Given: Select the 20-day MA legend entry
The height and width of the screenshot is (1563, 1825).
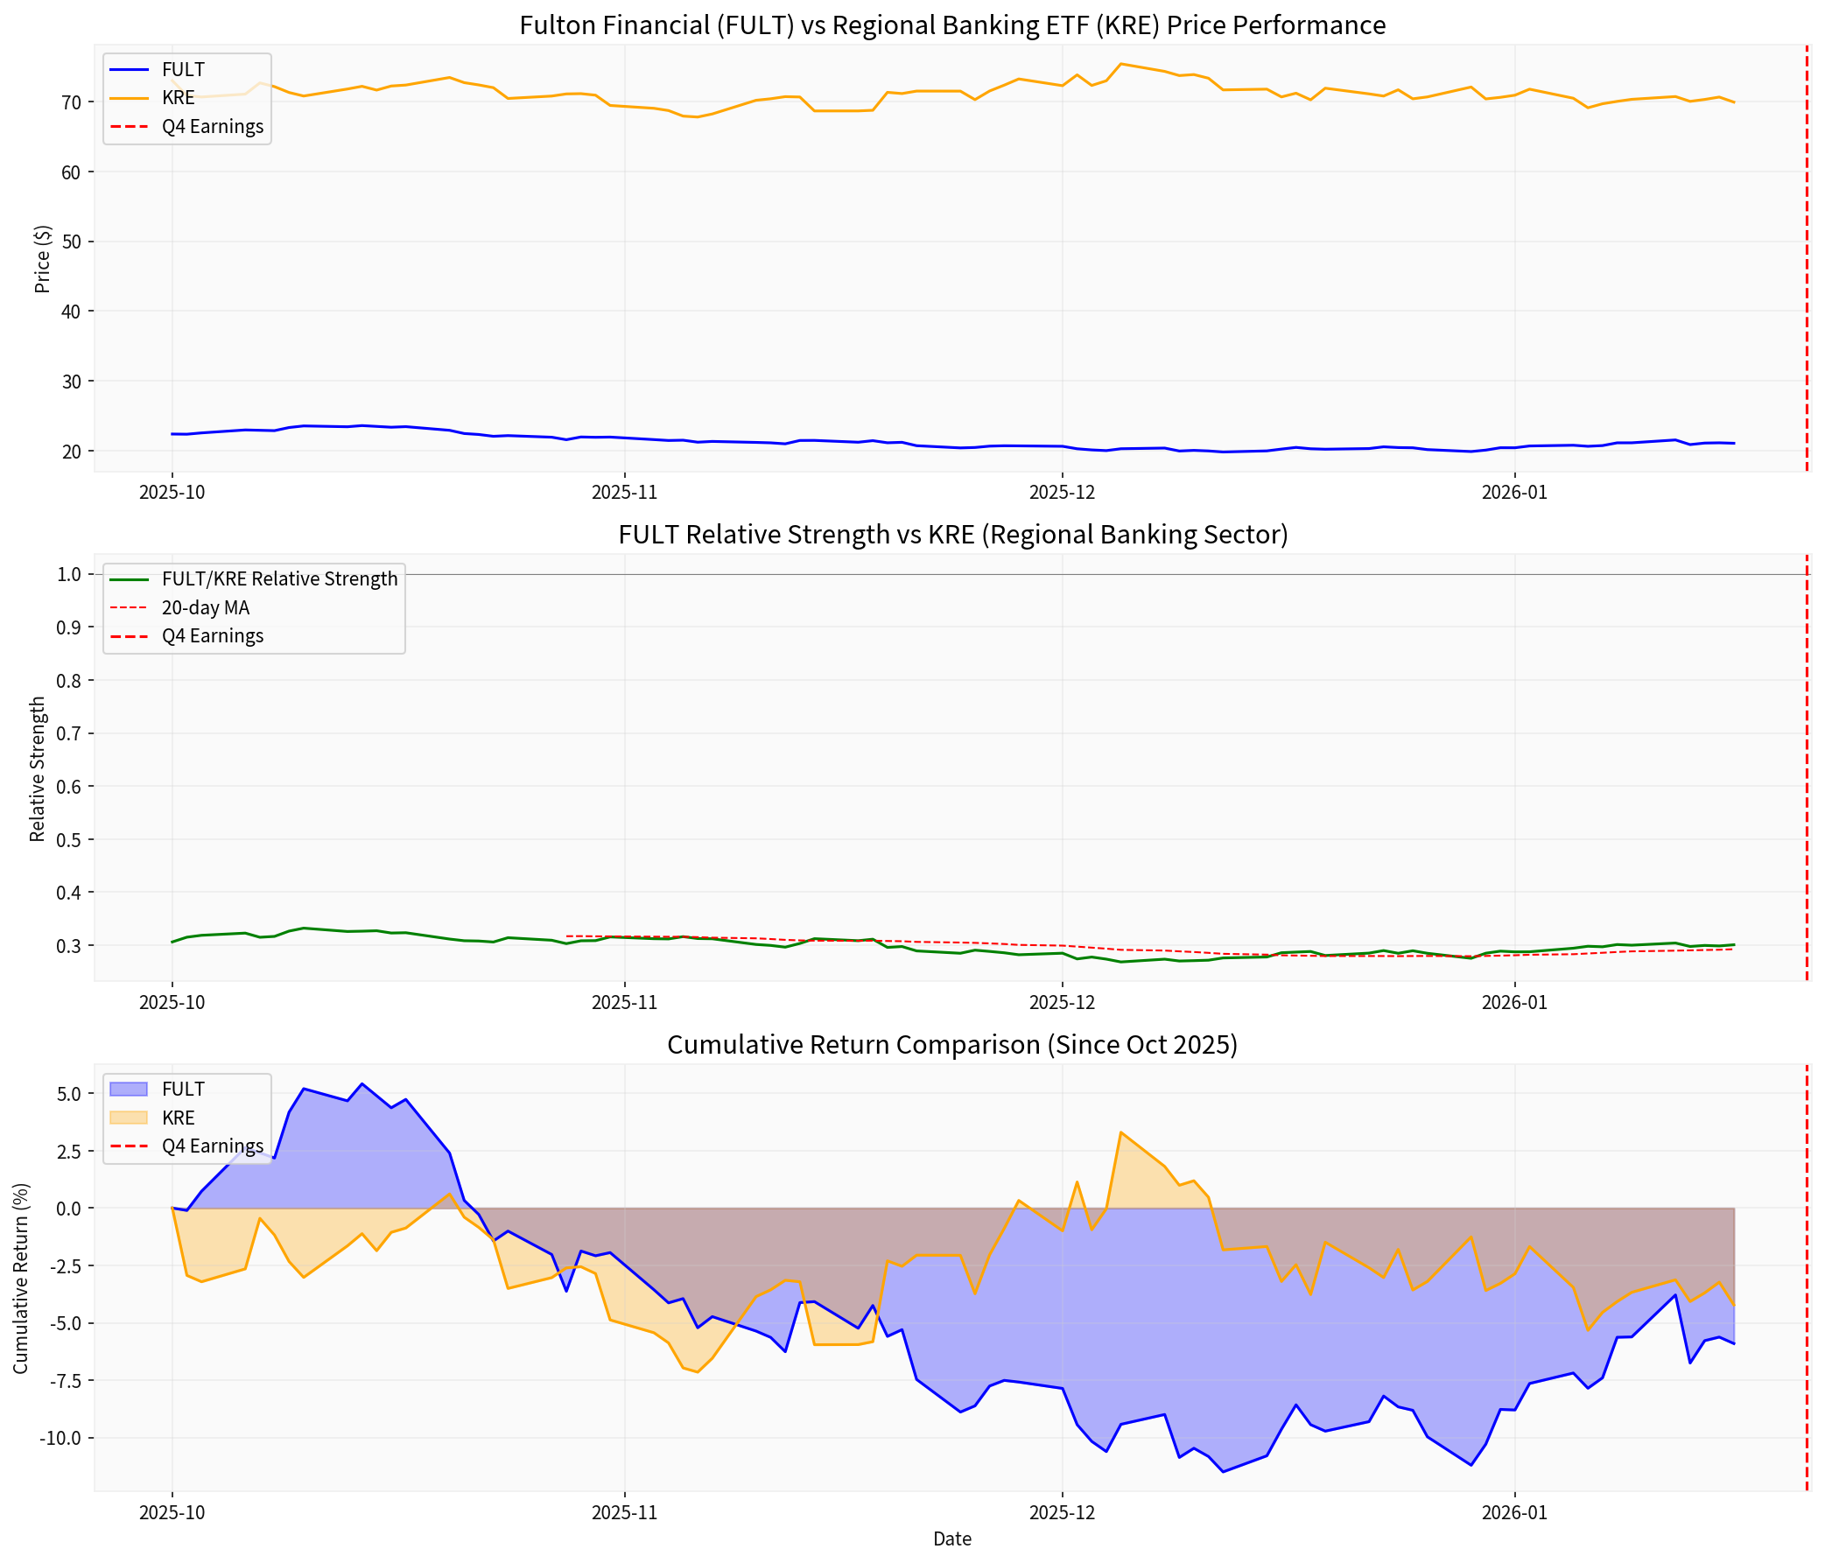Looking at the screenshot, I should [205, 607].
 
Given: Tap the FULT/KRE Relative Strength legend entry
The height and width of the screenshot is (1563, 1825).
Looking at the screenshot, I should [279, 578].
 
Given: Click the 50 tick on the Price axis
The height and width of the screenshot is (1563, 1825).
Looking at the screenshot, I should [71, 242].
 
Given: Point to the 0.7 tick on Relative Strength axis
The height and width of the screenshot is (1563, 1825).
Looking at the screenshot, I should [69, 733].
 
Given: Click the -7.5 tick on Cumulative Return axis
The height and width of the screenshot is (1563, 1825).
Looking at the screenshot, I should [61, 1381].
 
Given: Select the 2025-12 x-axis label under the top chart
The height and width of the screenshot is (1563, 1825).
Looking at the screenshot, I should [1063, 492].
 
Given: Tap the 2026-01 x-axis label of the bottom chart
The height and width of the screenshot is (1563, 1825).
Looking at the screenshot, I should [1514, 1513].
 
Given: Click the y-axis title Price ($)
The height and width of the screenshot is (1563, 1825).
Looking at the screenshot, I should [42, 259].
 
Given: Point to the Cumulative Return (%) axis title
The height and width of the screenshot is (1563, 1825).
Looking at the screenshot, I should [20, 1278].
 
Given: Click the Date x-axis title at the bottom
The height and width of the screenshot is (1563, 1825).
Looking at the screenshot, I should [951, 1538].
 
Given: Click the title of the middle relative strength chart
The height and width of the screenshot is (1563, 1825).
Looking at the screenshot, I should [952, 535].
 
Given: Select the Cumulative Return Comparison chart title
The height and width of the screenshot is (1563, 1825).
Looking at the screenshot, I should [951, 1044].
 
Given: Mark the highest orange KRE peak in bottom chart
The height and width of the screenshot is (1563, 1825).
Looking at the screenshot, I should [1120, 1132].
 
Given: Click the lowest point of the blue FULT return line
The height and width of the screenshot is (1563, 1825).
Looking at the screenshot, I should [1223, 1471].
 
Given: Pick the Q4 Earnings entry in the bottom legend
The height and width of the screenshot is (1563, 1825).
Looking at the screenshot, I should [212, 1146].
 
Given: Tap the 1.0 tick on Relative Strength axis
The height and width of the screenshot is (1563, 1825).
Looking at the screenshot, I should [69, 574].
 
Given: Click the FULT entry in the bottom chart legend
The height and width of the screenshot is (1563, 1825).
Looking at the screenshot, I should [182, 1090].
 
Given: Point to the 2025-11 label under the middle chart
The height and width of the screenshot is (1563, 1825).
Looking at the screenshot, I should [623, 1002].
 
